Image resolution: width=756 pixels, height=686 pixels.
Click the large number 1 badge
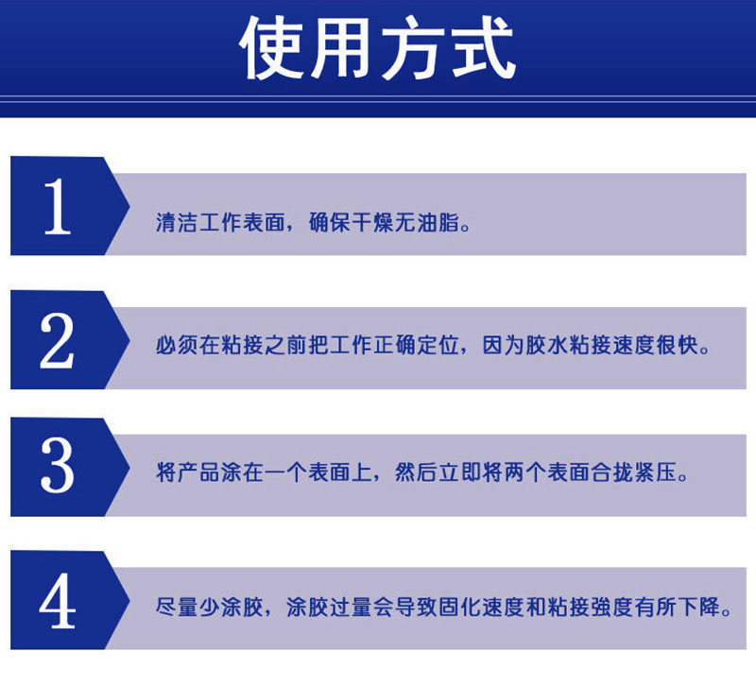point(70,206)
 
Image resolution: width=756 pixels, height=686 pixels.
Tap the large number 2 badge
point(70,340)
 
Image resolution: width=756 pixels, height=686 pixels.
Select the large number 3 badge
point(70,467)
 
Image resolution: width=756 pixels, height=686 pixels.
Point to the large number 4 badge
point(70,600)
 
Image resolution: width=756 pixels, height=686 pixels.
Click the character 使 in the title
point(273,47)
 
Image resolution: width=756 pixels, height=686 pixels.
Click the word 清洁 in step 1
point(177,222)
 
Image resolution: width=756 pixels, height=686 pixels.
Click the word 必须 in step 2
point(177,345)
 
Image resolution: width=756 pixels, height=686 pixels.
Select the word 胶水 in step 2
point(546,345)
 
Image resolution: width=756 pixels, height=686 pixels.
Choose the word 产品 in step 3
point(198,472)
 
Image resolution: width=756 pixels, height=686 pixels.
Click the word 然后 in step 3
point(416,472)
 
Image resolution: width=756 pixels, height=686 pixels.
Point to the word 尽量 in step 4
point(177,607)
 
